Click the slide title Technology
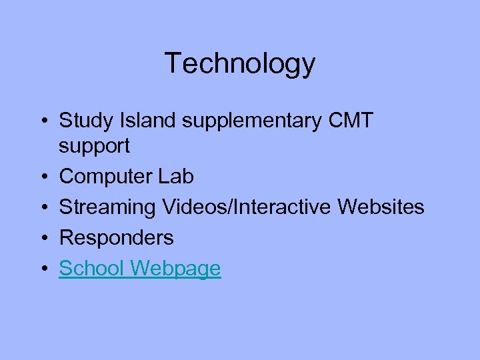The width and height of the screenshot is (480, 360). tap(240, 63)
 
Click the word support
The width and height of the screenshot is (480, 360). tap(94, 146)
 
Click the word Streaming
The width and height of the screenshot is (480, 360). tap(107, 208)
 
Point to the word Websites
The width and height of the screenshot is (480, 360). tap(381, 207)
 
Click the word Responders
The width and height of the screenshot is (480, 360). tap(116, 238)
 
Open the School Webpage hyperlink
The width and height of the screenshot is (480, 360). tap(140, 269)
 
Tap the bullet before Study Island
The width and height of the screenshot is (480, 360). tap(42, 121)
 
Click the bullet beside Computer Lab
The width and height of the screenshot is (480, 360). tap(42, 177)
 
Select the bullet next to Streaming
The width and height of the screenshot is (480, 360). tap(42, 207)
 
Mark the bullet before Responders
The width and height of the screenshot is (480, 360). tap(42, 238)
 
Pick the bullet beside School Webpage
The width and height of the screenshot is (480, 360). tap(42, 269)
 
